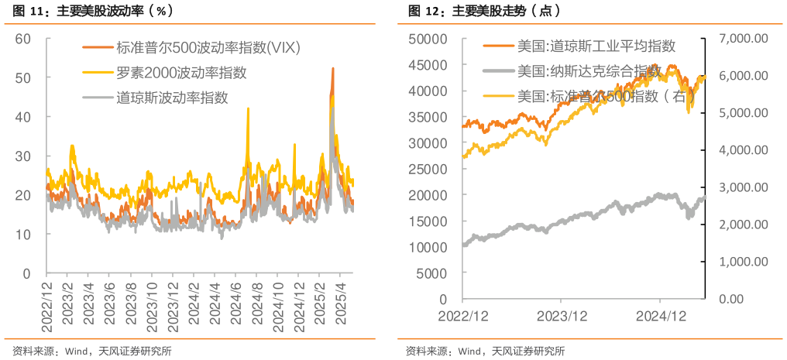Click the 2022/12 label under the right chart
[x=462, y=316]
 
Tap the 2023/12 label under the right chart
[x=562, y=316]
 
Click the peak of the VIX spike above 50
[x=332, y=68]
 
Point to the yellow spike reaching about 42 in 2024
[x=248, y=108]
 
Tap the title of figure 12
[x=483, y=11]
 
